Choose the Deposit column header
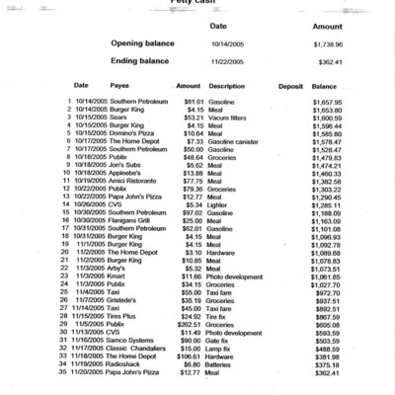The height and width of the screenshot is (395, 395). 290,86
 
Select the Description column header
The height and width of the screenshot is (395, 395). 227,86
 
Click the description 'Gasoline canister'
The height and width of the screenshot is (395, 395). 236,141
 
